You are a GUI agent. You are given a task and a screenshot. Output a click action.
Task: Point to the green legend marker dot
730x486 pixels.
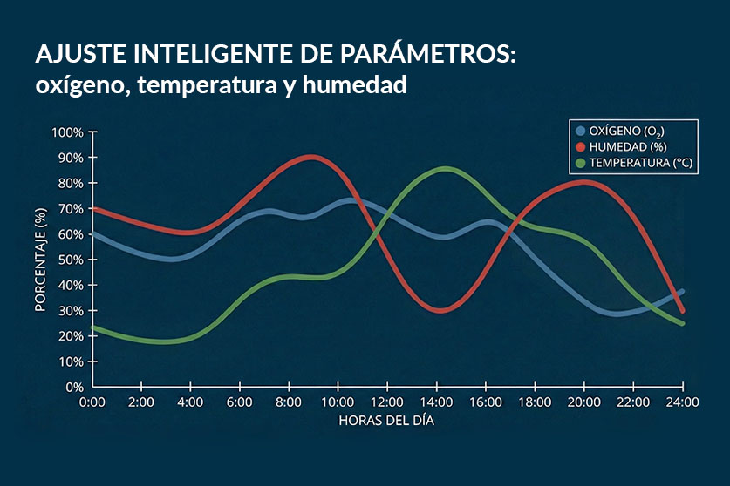[x=580, y=163]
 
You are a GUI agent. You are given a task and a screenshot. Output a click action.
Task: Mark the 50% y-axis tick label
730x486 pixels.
[x=71, y=260]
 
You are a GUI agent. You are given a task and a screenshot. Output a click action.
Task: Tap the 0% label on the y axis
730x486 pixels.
[x=74, y=387]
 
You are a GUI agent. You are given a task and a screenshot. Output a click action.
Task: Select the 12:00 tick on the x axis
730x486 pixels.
[x=387, y=402]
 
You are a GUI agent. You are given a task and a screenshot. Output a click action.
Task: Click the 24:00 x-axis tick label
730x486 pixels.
[x=682, y=402]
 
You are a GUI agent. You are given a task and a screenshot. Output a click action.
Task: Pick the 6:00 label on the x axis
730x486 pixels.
[x=240, y=402]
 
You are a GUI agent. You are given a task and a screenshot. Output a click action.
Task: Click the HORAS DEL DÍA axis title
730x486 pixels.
[x=386, y=420]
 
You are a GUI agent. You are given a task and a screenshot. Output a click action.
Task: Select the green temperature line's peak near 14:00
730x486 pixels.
[x=445, y=169]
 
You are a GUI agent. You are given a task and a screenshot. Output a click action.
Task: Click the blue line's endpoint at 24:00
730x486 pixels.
[x=682, y=292]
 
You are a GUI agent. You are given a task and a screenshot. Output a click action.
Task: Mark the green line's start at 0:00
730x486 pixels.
[x=93, y=327]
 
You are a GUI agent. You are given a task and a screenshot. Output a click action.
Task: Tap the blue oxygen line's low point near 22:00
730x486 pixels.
[x=617, y=314]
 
